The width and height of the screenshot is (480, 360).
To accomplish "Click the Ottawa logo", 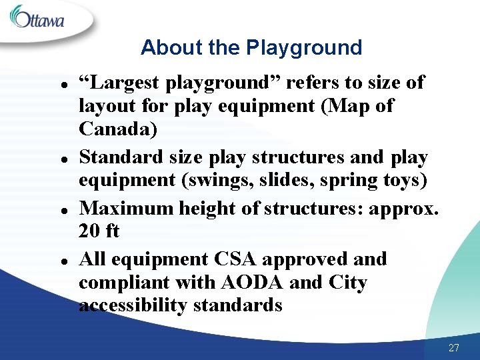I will pos(38,18).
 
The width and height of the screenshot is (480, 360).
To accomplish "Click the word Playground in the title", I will pos(304,48).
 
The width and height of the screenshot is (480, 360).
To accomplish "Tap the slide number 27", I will pos(454,347).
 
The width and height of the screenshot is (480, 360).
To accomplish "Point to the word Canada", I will pos(118,129).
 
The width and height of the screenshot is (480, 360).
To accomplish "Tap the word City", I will pos(347,283).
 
